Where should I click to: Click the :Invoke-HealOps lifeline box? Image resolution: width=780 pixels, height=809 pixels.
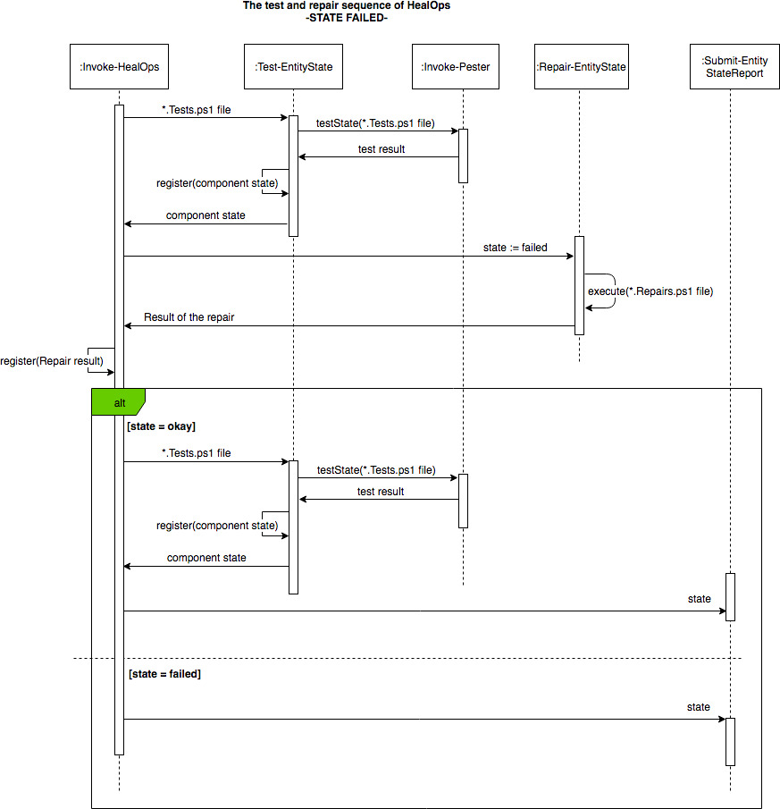pyautogui.click(x=119, y=66)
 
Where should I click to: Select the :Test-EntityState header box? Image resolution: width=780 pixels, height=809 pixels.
pyautogui.click(x=293, y=66)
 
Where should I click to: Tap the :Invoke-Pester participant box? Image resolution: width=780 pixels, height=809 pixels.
pyautogui.click(x=456, y=66)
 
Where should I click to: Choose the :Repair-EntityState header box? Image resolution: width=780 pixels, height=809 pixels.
pyautogui.click(x=582, y=66)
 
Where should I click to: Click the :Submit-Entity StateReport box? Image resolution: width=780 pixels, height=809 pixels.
pyautogui.click(x=734, y=66)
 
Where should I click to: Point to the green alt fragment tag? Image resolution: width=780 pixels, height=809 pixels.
pyautogui.click(x=119, y=402)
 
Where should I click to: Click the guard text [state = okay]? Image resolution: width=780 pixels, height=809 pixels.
pyautogui.click(x=162, y=426)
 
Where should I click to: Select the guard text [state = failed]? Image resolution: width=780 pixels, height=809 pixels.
pyautogui.click(x=164, y=674)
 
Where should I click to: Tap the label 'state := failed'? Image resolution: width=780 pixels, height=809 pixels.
pyautogui.click(x=515, y=248)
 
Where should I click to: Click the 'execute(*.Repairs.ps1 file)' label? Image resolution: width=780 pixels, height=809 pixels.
pyautogui.click(x=650, y=291)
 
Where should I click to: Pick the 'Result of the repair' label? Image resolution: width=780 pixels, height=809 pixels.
pyautogui.click(x=189, y=317)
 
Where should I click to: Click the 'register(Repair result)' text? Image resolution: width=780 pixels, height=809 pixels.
pyautogui.click(x=52, y=361)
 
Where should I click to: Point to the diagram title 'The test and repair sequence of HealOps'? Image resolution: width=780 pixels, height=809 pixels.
pyautogui.click(x=347, y=5)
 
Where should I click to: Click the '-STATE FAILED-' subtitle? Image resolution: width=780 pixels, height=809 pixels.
pyautogui.click(x=347, y=18)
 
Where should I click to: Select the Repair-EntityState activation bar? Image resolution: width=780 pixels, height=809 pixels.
pyautogui.click(x=580, y=286)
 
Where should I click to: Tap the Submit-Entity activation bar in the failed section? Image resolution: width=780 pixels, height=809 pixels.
pyautogui.click(x=730, y=742)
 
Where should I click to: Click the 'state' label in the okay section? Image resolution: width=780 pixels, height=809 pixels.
pyautogui.click(x=699, y=599)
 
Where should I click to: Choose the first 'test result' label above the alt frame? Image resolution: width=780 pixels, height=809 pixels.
pyautogui.click(x=382, y=149)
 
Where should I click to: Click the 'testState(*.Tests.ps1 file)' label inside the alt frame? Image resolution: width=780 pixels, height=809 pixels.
pyautogui.click(x=376, y=470)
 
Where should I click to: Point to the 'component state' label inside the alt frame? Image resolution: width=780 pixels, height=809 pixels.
pyautogui.click(x=206, y=558)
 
